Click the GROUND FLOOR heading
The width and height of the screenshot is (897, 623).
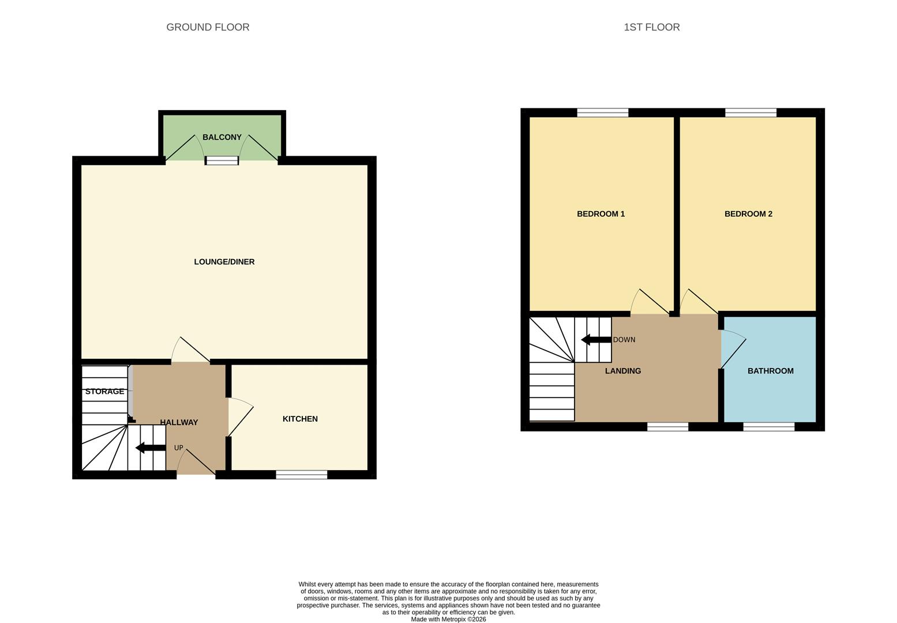pyautogui.click(x=208, y=27)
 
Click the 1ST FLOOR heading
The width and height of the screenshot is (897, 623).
pyautogui.click(x=651, y=27)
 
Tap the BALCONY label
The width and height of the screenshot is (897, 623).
pyautogui.click(x=222, y=137)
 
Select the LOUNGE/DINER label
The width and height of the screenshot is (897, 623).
pyautogui.click(x=224, y=262)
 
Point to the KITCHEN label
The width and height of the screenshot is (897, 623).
pyautogui.click(x=300, y=419)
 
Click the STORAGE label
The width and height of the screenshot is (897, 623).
pyautogui.click(x=104, y=392)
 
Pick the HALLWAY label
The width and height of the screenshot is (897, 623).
pyautogui.click(x=179, y=422)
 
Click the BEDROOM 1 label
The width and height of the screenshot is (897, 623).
pyautogui.click(x=600, y=214)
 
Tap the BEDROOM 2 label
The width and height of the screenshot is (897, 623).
pyautogui.click(x=748, y=214)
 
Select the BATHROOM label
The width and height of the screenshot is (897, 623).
pyautogui.click(x=770, y=371)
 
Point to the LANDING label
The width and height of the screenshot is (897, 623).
pyautogui.click(x=622, y=371)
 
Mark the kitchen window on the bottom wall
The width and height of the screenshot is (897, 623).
pyautogui.click(x=301, y=475)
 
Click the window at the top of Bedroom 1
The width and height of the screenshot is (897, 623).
pyautogui.click(x=602, y=112)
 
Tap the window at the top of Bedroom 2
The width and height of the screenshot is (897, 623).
pyautogui.click(x=750, y=112)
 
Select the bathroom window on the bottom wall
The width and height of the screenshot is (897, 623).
pyautogui.click(x=768, y=427)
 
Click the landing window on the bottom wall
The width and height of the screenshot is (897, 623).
pyautogui.click(x=667, y=427)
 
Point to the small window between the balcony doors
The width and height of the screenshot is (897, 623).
pyautogui.click(x=222, y=161)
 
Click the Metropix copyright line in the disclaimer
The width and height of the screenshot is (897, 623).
pyautogui.click(x=448, y=620)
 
